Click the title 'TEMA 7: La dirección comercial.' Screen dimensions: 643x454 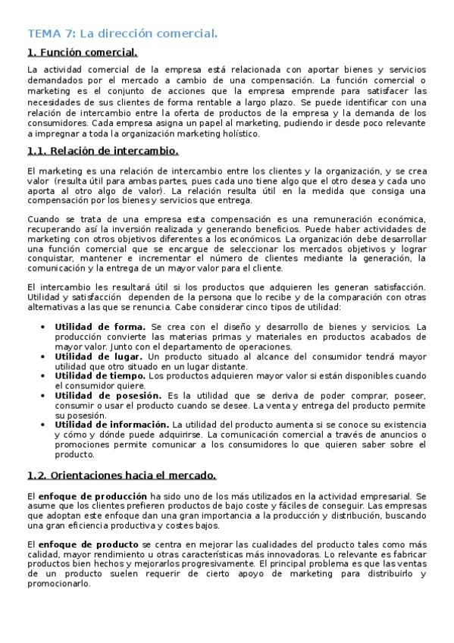point(122,33)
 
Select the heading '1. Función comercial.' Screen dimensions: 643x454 point(82,52)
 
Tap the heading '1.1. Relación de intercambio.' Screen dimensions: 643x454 point(102,151)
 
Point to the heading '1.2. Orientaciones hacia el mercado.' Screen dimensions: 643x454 point(121,475)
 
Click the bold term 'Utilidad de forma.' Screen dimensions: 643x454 point(98,327)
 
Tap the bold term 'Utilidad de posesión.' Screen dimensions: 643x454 point(108,395)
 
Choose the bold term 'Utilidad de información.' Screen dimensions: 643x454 point(111,425)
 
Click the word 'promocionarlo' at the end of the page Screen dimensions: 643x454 point(58,584)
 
